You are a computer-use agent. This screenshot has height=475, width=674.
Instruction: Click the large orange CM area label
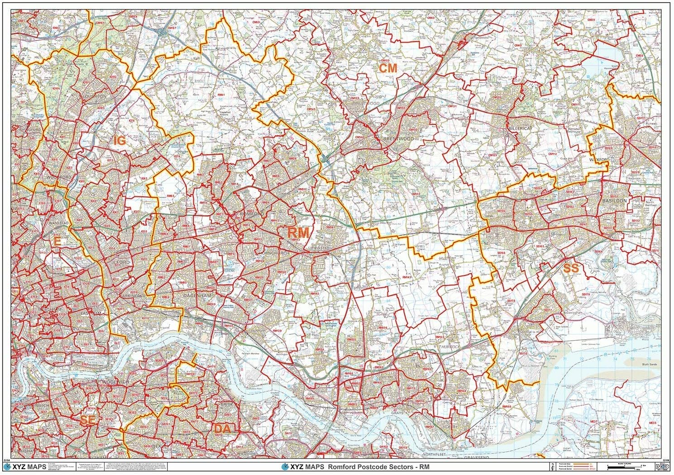388,68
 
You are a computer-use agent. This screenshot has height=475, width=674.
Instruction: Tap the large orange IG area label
120,141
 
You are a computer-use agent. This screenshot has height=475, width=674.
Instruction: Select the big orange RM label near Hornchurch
298,233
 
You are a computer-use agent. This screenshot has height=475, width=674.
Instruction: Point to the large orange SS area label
571,268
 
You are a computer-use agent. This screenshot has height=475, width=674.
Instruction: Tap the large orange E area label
57,242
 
